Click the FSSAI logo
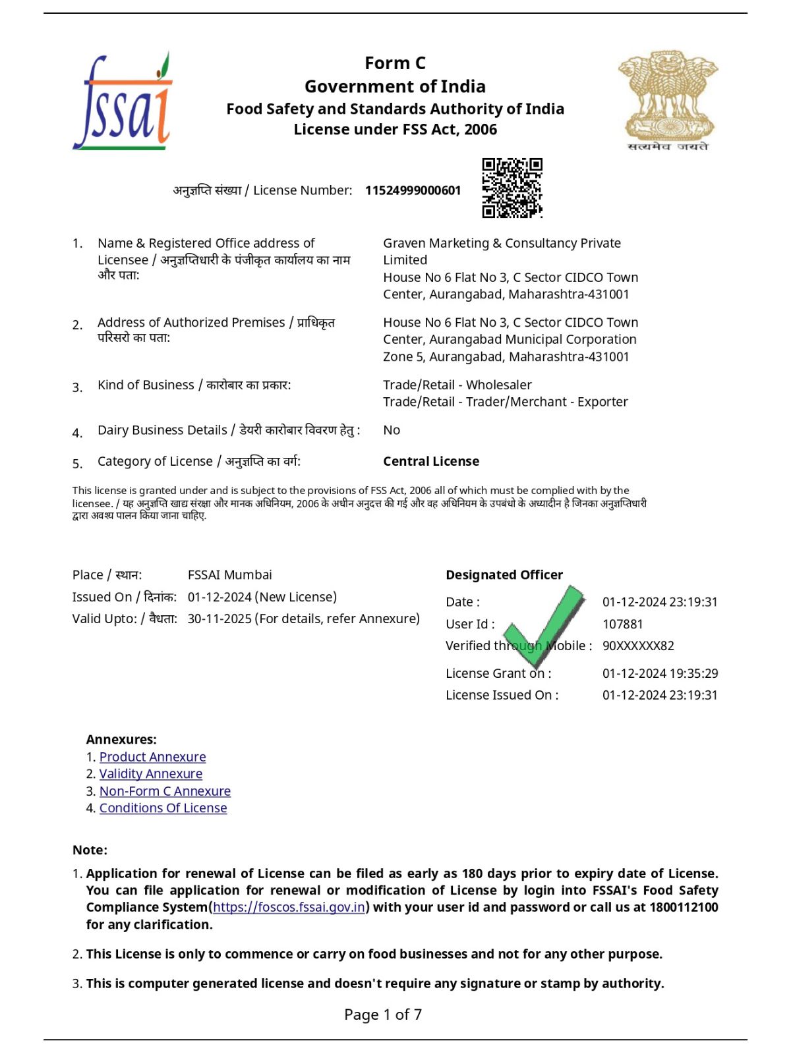click(x=123, y=102)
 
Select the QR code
click(x=512, y=188)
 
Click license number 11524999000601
click(x=413, y=190)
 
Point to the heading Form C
click(x=395, y=63)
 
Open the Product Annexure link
click(x=152, y=757)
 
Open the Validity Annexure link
click(x=151, y=774)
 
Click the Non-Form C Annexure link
click(x=165, y=791)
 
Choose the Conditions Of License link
click(x=163, y=808)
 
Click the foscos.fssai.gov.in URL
click(x=289, y=908)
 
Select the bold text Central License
click(x=431, y=462)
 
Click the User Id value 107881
click(x=622, y=624)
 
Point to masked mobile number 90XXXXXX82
click(x=638, y=646)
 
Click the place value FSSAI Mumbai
click(x=229, y=575)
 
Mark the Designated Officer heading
click(x=504, y=575)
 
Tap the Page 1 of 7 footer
click(x=383, y=1014)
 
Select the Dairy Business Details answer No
click(x=392, y=430)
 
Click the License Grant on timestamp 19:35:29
click(x=660, y=673)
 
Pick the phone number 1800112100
click(x=684, y=908)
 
